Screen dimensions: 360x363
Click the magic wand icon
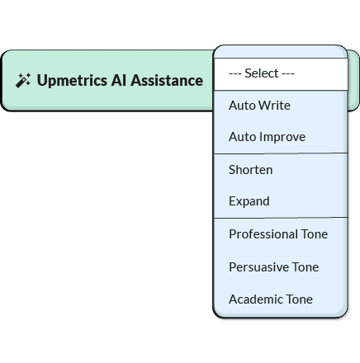click(x=23, y=81)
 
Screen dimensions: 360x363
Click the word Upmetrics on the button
click(x=72, y=81)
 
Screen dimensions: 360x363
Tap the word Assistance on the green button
click(x=167, y=80)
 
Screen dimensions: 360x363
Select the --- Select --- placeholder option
click(x=262, y=73)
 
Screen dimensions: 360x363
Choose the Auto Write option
click(x=259, y=106)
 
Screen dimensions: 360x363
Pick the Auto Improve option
click(x=267, y=137)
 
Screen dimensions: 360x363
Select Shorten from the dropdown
click(x=250, y=170)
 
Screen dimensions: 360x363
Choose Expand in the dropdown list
click(x=249, y=201)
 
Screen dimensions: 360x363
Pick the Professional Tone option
click(x=278, y=234)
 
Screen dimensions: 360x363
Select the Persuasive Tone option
click(x=273, y=267)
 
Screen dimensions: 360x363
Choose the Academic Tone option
click(x=271, y=299)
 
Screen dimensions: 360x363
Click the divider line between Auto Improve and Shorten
click(x=281, y=153)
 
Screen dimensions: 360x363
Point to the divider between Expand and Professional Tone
click(x=281, y=218)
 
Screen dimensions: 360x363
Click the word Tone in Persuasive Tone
click(x=306, y=267)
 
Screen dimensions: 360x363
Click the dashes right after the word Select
click(x=288, y=73)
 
